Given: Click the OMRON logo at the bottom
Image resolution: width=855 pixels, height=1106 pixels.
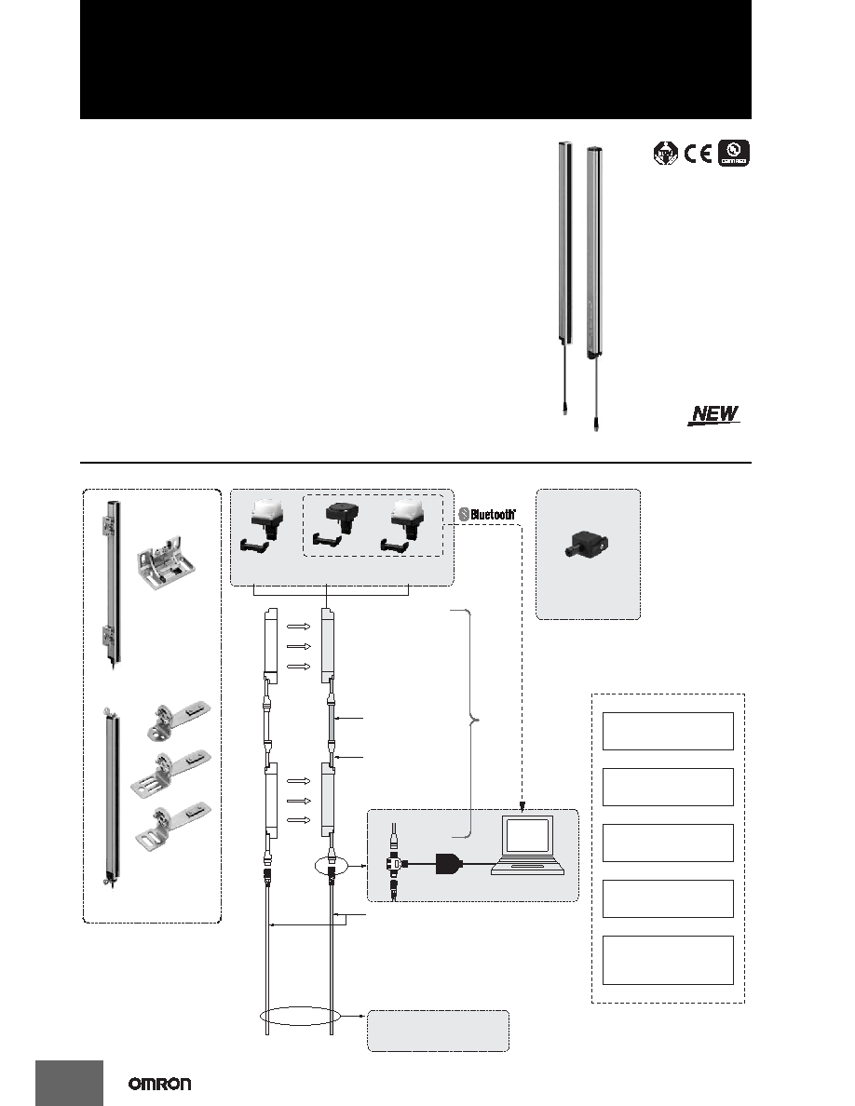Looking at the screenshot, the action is click(x=159, y=1085).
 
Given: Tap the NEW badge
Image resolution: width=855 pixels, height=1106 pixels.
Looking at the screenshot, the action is click(x=714, y=414).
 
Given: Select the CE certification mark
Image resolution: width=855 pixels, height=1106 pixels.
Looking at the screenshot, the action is click(x=699, y=153).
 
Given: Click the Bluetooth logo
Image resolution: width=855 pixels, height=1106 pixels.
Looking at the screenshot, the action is click(x=487, y=514).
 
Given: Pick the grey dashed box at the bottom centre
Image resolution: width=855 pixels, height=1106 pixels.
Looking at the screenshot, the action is click(x=438, y=1031).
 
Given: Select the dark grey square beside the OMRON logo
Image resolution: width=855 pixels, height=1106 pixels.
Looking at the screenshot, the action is click(x=69, y=1083).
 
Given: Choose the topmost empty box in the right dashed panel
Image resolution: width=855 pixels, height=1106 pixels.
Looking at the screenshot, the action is click(x=668, y=731).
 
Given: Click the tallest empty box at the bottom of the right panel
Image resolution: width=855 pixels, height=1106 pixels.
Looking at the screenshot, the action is click(x=668, y=960).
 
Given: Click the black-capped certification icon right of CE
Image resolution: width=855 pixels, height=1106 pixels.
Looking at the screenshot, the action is click(x=734, y=153).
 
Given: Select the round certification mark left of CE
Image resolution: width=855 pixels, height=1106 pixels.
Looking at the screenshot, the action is click(x=666, y=153).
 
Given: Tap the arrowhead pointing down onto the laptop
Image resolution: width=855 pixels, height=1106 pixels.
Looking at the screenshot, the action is click(x=522, y=806).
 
